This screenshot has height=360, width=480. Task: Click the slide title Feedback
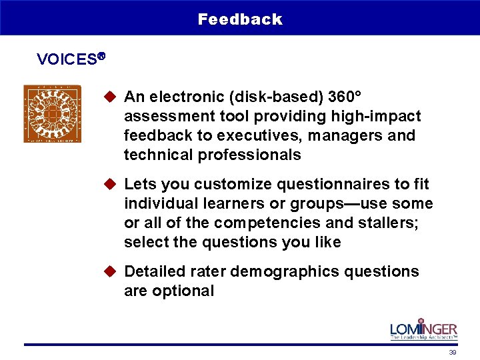240,19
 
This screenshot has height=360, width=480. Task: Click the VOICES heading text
67,59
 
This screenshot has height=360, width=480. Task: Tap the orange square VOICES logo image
52,113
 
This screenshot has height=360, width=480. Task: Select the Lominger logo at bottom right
423,330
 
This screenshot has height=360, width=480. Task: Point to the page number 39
453,352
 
